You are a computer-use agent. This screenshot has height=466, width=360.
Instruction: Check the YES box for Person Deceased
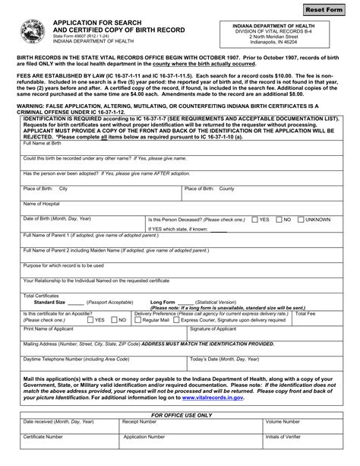click(x=254, y=219)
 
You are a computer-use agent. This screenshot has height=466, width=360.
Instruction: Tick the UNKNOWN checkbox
click(x=300, y=219)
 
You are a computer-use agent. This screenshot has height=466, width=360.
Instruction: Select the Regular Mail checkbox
click(x=137, y=320)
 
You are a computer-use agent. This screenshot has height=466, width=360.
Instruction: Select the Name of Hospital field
click(x=179, y=209)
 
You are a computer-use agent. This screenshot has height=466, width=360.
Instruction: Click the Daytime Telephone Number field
click(x=103, y=363)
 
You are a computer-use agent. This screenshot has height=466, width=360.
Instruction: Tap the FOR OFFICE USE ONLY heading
click(x=182, y=415)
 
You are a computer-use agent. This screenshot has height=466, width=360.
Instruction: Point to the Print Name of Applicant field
click(x=103, y=333)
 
